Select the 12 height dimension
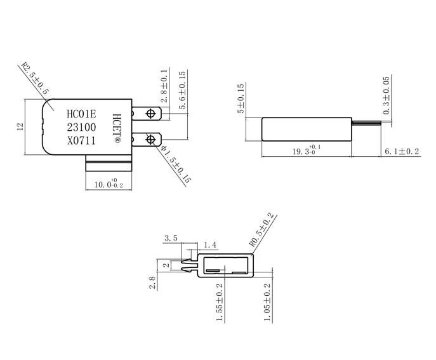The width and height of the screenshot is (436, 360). click(x=20, y=127)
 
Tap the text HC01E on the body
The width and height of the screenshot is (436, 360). click(x=81, y=114)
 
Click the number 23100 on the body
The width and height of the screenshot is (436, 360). click(x=81, y=128)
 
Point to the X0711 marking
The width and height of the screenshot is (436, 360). click(x=81, y=141)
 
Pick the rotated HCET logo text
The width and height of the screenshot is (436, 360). click(x=116, y=127)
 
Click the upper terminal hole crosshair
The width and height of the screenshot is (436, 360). click(x=152, y=114)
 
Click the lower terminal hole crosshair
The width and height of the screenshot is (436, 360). click(x=152, y=138)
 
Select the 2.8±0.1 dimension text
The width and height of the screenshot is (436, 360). click(x=164, y=86)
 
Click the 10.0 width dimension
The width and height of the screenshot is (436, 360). click(x=109, y=184)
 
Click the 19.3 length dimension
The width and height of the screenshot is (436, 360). click(x=306, y=152)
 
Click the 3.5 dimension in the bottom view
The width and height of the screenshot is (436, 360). click(x=171, y=238)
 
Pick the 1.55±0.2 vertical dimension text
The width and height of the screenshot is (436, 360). click(x=220, y=302)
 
